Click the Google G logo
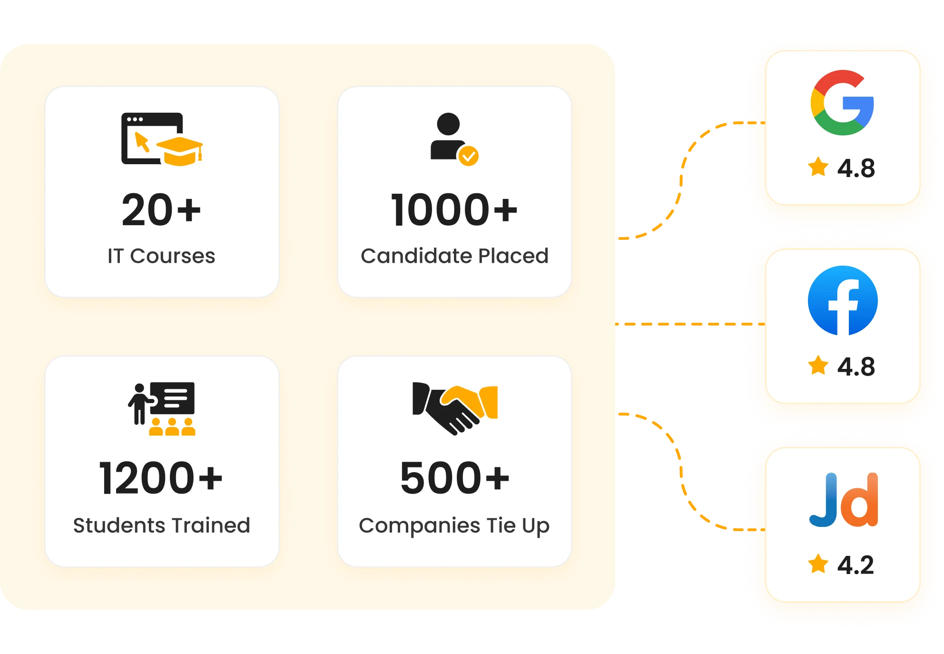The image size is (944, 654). point(842,102)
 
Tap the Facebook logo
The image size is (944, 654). point(843,300)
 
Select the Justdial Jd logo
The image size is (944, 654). point(844,500)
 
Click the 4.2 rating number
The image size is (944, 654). point(855,565)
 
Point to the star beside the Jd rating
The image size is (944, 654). point(818,564)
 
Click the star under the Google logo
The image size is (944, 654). point(818,167)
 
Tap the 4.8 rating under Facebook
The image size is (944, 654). point(856,367)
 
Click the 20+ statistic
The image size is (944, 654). point(161,209)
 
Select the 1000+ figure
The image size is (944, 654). point(454,209)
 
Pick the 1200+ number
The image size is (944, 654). point(161,478)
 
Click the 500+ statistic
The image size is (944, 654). point(454,478)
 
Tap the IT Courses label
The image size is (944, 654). point(161,256)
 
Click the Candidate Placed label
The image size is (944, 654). point(454,256)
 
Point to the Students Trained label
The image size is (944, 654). point(161,525)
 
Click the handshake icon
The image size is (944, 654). point(455,408)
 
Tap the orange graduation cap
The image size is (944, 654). point(180,151)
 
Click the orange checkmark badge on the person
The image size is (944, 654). point(469,156)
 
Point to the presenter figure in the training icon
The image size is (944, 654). point(140,404)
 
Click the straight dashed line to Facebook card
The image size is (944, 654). point(690,324)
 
